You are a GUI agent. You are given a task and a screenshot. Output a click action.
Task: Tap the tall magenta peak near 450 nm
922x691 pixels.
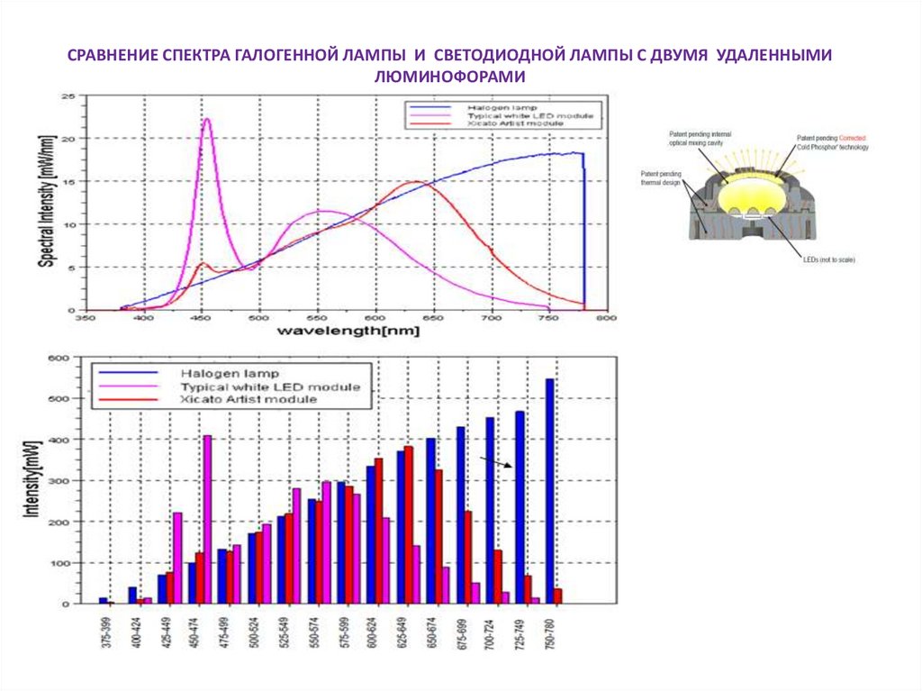207,122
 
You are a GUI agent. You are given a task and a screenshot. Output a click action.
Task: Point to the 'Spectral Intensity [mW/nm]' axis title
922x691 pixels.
44,204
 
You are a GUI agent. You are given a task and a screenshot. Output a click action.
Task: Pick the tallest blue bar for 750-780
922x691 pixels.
549,491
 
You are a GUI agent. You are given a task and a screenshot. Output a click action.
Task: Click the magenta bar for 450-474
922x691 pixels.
208,519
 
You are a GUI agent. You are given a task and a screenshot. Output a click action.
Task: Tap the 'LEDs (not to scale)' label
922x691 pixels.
828,259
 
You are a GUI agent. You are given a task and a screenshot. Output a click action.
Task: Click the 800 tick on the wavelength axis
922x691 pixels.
608,318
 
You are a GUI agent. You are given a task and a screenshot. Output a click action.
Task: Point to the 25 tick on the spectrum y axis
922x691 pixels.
67,96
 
